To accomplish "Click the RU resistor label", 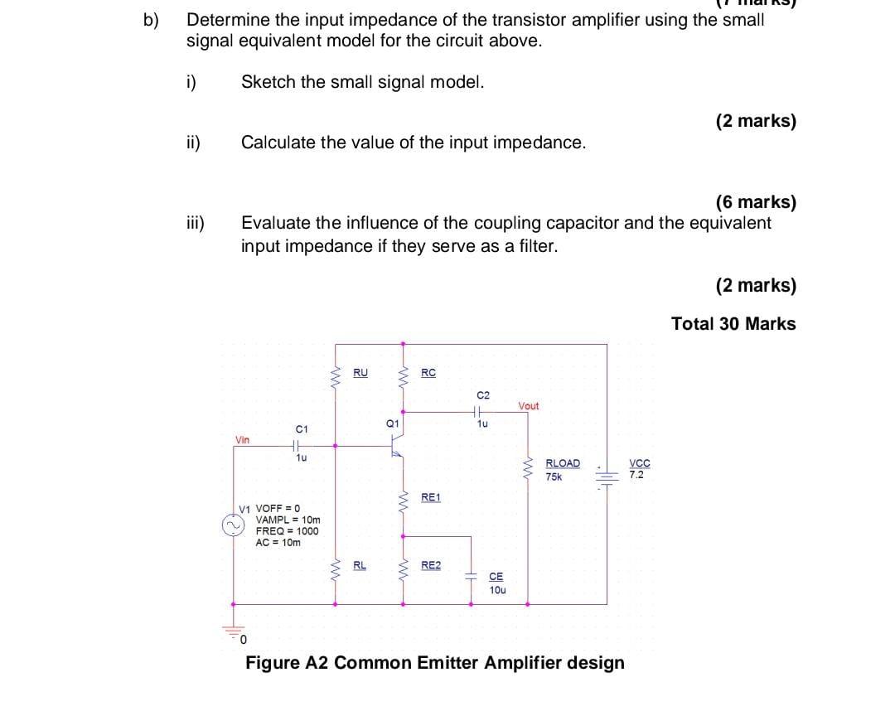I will tap(360, 372).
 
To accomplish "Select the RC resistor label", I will tap(428, 372).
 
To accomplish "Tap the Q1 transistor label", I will tap(393, 423).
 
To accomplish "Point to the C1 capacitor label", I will tap(302, 429).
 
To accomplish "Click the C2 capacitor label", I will tap(484, 395).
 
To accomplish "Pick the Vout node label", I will tap(528, 406).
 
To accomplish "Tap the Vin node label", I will tap(242, 440).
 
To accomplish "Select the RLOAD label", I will tap(563, 463).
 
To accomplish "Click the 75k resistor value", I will tap(554, 476).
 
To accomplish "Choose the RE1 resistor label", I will tap(431, 497).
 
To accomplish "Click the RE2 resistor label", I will tap(431, 565).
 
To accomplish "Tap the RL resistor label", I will tap(360, 565).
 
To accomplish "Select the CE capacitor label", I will tap(496, 577).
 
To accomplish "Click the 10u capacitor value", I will tap(497, 590).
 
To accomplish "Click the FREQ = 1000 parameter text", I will tap(287, 531).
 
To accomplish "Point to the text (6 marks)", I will tap(755, 202).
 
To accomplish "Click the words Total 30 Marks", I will tap(733, 324).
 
